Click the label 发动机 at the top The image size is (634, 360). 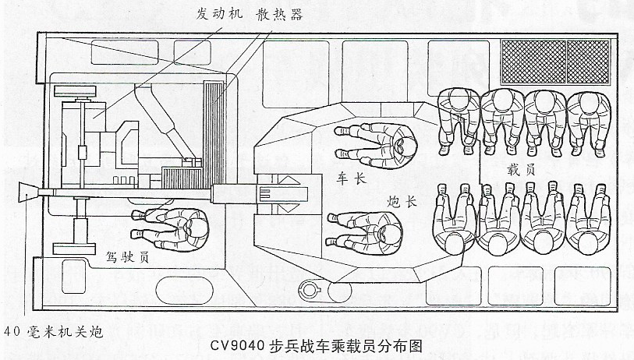[219, 14]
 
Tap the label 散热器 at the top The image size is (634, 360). [279, 15]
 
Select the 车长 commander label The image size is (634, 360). [351, 178]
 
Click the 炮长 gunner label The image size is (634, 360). [402, 201]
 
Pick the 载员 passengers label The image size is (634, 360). [521, 170]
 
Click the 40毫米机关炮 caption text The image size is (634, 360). [53, 332]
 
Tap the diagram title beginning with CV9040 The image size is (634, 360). [317, 347]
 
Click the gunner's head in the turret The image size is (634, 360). [390, 232]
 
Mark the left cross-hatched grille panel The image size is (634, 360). [533, 62]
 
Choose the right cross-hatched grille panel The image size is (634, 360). [588, 62]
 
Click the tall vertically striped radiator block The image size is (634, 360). [214, 134]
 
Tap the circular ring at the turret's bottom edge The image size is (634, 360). [310, 290]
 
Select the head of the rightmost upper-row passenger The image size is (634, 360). [589, 101]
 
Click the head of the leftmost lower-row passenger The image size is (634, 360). [455, 243]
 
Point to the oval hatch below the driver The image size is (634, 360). [184, 290]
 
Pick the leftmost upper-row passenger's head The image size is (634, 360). [459, 99]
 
